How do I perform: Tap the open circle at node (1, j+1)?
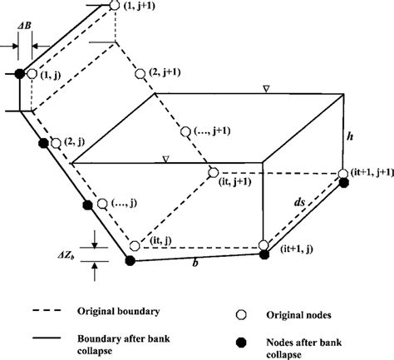[x=115, y=7]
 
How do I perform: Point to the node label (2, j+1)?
[x=169, y=74]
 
